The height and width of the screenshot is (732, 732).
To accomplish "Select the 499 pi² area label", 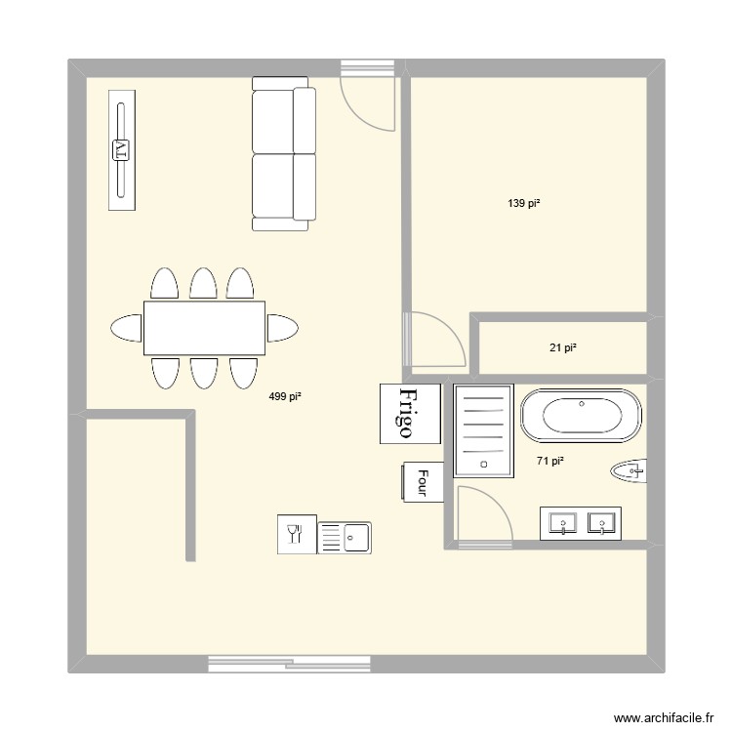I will coord(285,396).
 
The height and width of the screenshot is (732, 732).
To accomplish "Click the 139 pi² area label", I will coord(524,204).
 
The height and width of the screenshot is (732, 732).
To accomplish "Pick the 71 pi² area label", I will coord(550,462).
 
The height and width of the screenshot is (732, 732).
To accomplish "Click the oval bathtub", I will coord(582,415).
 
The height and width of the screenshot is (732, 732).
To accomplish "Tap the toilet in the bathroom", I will coord(630,471).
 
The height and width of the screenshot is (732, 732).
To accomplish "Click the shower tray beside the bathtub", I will coord(484,430).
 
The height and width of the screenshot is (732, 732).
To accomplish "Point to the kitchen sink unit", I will coord(345,535).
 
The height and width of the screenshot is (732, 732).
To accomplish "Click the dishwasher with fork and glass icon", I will coord(296,535).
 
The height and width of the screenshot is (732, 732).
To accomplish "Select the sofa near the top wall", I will coord(284,154).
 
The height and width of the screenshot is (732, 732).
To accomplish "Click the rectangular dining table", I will coord(205,328).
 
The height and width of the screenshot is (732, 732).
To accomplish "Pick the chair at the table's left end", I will coord(127,328).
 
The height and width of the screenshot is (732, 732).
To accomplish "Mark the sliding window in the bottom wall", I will coord(291,664).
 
